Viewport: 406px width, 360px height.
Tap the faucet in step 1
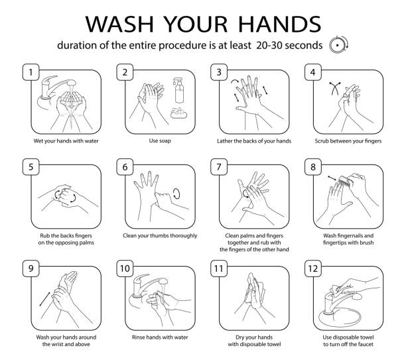point(49,84)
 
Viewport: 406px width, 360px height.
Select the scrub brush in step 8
point(343,181)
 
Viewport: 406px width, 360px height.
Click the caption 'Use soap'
point(161,141)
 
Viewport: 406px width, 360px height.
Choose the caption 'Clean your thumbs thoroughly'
point(161,235)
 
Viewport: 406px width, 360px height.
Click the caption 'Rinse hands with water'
point(161,335)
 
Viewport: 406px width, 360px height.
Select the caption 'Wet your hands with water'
point(67,141)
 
